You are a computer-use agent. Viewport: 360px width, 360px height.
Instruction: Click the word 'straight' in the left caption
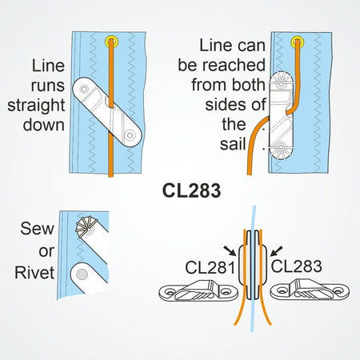(x=34, y=106)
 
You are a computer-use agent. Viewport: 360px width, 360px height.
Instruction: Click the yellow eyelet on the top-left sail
(x=110, y=42)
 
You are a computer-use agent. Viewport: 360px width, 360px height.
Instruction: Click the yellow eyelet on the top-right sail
(x=298, y=41)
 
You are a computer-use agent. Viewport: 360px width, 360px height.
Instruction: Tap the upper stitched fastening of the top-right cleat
(x=282, y=80)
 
